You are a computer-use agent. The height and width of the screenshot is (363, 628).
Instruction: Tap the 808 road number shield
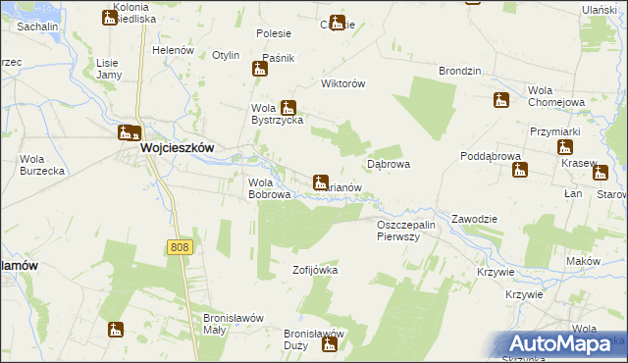tap(179, 247)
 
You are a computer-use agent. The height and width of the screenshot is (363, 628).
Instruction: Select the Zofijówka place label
tap(315, 268)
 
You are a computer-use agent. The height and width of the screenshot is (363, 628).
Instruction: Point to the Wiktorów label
tap(344, 84)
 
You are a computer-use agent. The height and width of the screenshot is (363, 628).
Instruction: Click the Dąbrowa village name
tap(388, 165)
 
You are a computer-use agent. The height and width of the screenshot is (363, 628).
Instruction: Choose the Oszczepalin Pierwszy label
tap(412, 232)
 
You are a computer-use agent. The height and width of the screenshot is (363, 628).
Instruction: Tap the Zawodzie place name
tap(476, 218)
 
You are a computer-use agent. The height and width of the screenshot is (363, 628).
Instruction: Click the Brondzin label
tap(460, 72)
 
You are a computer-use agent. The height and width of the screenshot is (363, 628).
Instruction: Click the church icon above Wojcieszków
tap(129, 132)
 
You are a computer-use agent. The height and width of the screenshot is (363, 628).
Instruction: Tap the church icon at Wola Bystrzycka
tap(288, 107)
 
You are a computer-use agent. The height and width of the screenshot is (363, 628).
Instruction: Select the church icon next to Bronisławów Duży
tap(330, 344)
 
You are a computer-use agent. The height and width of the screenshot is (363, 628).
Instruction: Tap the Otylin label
tap(226, 55)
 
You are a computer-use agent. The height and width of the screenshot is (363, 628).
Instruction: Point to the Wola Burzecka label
tap(42, 165)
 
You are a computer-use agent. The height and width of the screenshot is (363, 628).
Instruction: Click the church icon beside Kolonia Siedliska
tap(109, 18)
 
